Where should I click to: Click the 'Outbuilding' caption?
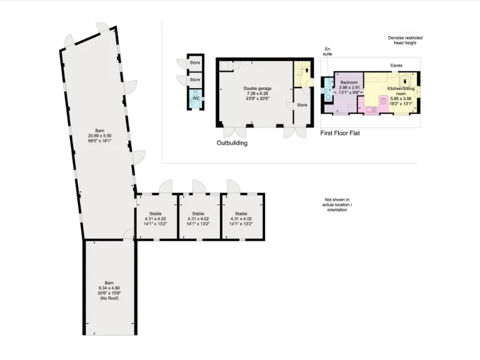coord(232,143)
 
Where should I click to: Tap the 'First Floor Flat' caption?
coord(340,133)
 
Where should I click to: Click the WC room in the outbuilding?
coord(195,99)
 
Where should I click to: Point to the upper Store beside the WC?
coord(195,63)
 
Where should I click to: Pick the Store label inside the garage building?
coord(302,105)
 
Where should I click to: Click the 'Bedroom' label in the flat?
coord(349,82)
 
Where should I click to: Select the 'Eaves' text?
coord(396,65)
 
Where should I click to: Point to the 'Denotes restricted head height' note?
coord(405,41)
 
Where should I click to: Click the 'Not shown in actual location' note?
coord(338,205)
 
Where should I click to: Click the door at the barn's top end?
coord(102,30)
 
